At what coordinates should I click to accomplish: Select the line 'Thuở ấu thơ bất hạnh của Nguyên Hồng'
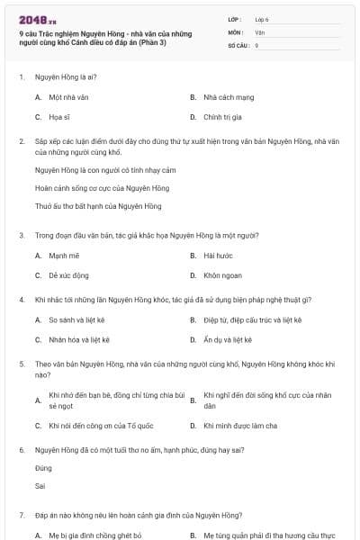[x=85, y=206]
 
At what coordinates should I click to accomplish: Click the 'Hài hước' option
[x=218, y=256]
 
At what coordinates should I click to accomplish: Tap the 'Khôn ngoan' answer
[x=220, y=276]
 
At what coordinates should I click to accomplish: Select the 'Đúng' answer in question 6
[x=43, y=469]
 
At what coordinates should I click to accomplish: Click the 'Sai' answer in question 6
[x=40, y=486]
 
